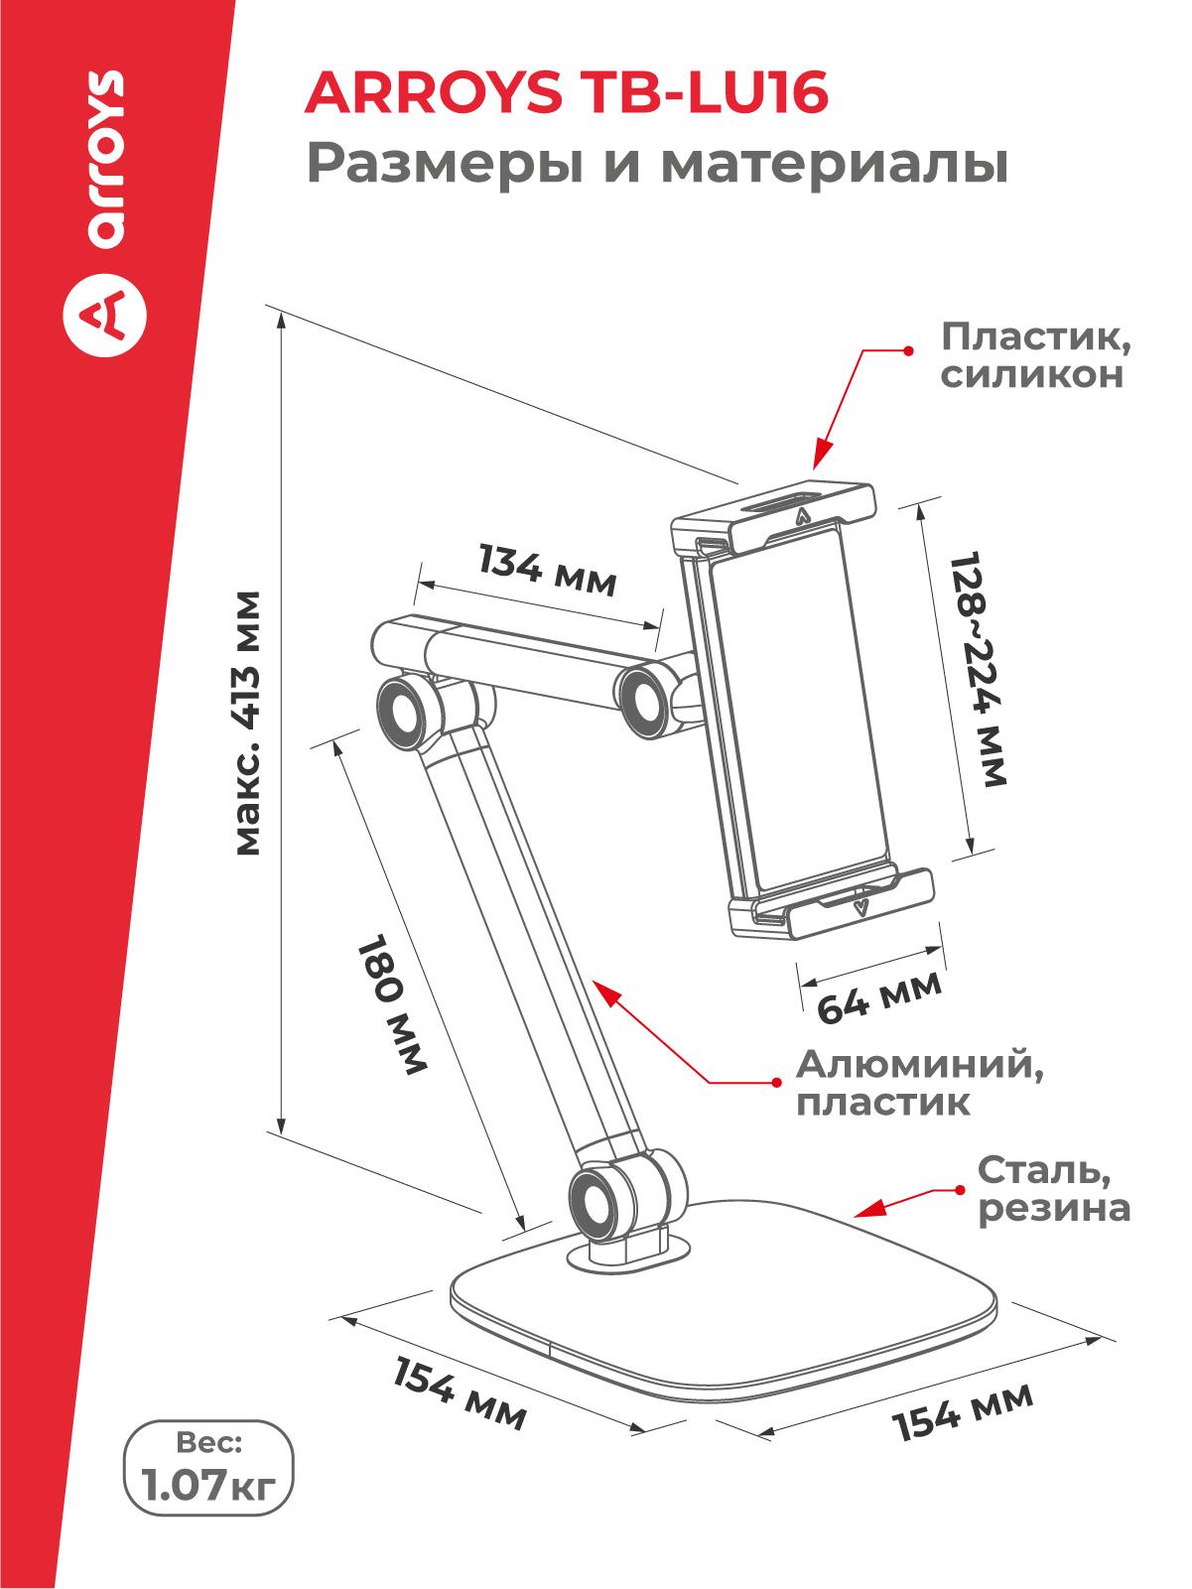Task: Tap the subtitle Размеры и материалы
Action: [x=656, y=164]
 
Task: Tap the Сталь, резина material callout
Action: [x=1053, y=1189]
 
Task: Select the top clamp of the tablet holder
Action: [x=774, y=516]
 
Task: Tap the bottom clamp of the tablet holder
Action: [x=832, y=902]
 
